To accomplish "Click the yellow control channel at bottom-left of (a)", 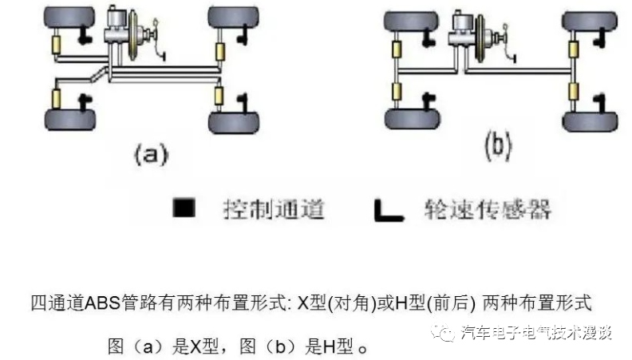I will (57, 99).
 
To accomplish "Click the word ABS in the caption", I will (92, 303).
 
